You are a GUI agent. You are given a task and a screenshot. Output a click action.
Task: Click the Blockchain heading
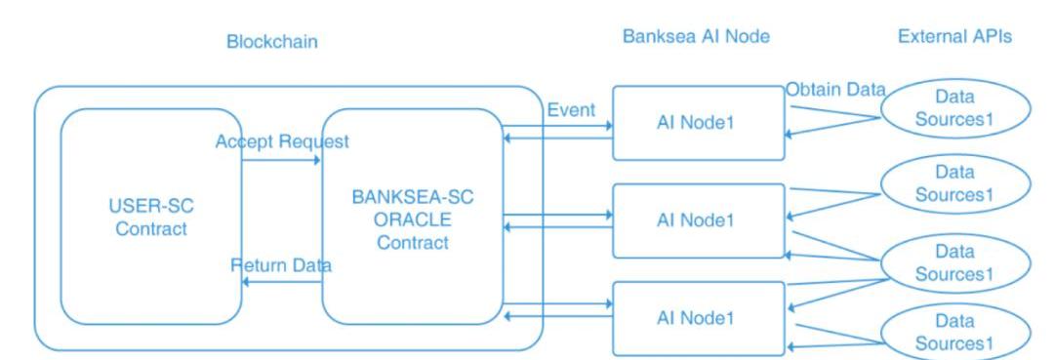(271, 42)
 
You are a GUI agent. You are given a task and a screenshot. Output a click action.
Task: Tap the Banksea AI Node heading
(696, 36)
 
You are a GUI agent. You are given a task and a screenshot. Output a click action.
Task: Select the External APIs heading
(954, 36)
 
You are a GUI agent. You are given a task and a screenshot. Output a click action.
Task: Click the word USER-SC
(150, 206)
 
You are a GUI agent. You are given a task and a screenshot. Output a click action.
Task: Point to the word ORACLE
(413, 220)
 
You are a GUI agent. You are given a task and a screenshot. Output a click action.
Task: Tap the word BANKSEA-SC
(413, 197)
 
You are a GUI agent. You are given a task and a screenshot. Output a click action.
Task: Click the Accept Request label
(282, 141)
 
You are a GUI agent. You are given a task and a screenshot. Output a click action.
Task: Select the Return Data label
(281, 265)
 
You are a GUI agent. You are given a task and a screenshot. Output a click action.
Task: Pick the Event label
(571, 110)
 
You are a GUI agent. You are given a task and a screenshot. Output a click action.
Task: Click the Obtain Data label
(835, 90)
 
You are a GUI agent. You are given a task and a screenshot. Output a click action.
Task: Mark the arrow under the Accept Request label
(281, 161)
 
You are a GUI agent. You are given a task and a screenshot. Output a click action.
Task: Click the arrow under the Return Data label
(282, 282)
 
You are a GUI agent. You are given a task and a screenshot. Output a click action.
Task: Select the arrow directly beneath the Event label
(557, 126)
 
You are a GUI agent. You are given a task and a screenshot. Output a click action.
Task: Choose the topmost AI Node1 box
(699, 123)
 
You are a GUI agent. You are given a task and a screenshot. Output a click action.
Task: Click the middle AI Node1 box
(699, 220)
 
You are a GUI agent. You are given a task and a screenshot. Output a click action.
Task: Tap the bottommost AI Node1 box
(699, 318)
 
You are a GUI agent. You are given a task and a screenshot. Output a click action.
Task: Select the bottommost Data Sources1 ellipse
(955, 332)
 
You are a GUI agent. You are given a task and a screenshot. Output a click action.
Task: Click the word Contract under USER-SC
(151, 228)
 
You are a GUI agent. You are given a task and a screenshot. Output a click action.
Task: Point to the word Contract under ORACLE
(413, 243)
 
